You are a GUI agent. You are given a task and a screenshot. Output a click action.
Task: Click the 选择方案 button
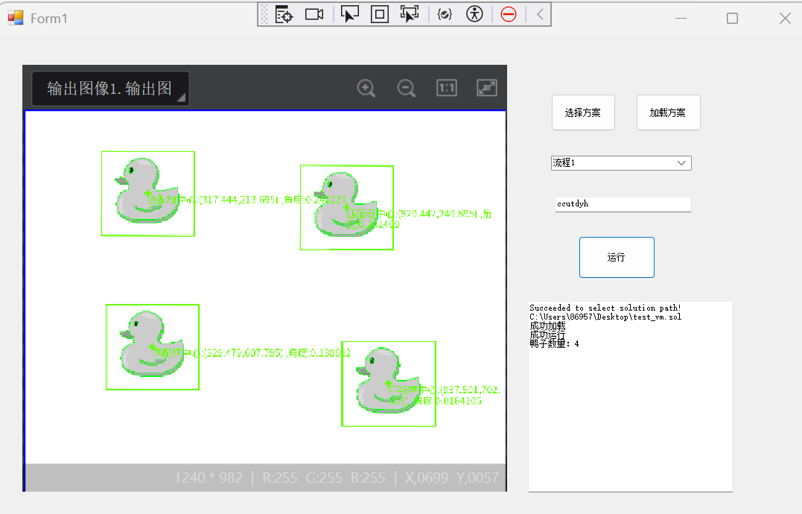(x=583, y=113)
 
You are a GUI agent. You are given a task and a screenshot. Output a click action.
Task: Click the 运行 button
(x=617, y=258)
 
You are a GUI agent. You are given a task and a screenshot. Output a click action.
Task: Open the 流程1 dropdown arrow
(x=681, y=162)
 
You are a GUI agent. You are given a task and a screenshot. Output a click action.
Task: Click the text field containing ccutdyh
(x=623, y=203)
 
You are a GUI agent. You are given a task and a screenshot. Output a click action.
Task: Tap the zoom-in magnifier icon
(x=366, y=89)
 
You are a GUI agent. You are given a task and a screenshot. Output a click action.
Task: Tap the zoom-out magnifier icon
(x=407, y=89)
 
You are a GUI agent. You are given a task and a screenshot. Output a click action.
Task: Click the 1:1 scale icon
(x=447, y=89)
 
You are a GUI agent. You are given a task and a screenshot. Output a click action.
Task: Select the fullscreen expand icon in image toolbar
(x=487, y=89)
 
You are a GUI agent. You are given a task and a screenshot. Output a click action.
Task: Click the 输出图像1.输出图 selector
(x=110, y=89)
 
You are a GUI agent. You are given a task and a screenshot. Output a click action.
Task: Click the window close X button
(x=785, y=19)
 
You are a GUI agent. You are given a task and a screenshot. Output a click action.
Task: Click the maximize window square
(x=732, y=19)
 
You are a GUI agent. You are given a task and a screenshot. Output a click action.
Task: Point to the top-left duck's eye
(x=132, y=171)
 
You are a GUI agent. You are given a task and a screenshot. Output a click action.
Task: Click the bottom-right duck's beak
(x=360, y=369)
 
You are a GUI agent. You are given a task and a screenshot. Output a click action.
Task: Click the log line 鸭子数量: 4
(x=554, y=343)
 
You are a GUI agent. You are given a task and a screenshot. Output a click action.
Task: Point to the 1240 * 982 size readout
(x=209, y=477)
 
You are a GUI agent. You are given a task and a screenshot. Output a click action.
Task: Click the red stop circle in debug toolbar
(x=509, y=13)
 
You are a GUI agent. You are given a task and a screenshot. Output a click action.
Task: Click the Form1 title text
(x=49, y=19)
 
